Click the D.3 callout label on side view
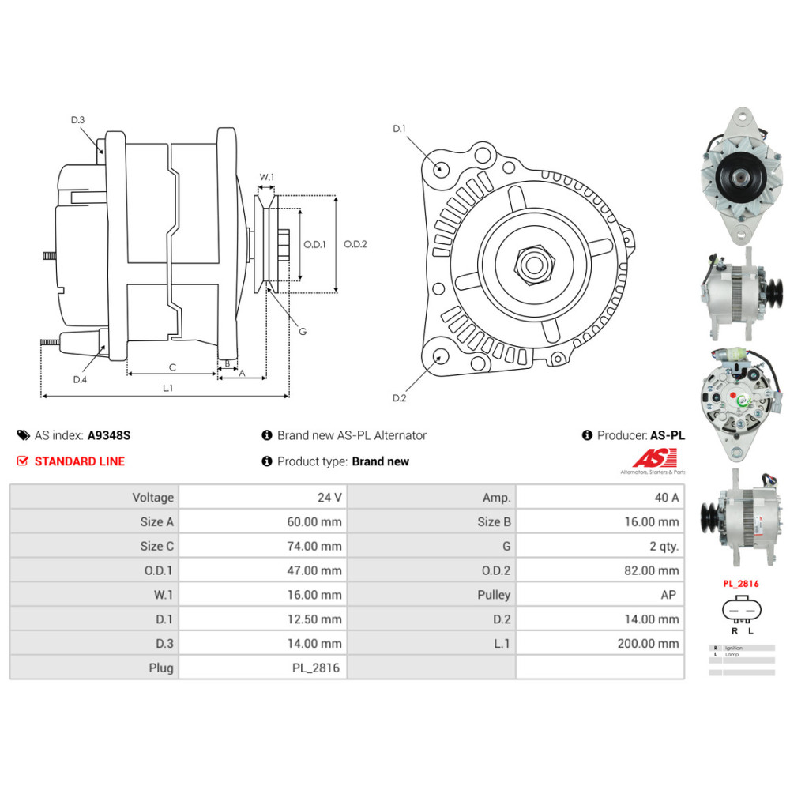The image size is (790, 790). [x=77, y=120]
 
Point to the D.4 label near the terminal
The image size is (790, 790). [x=80, y=379]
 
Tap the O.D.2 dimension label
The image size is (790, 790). [x=355, y=244]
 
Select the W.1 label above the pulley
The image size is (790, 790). [x=267, y=177]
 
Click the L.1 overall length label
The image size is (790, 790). [x=167, y=387]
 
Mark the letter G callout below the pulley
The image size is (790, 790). [x=303, y=331]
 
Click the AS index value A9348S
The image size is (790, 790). [x=109, y=435]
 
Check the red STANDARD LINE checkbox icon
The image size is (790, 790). [x=22, y=461]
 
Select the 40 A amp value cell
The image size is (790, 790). [x=600, y=498]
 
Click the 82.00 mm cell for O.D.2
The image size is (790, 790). [x=600, y=570]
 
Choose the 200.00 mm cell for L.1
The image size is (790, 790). [x=600, y=643]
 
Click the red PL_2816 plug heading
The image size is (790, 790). [x=741, y=584]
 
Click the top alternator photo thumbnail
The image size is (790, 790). [x=741, y=175]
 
